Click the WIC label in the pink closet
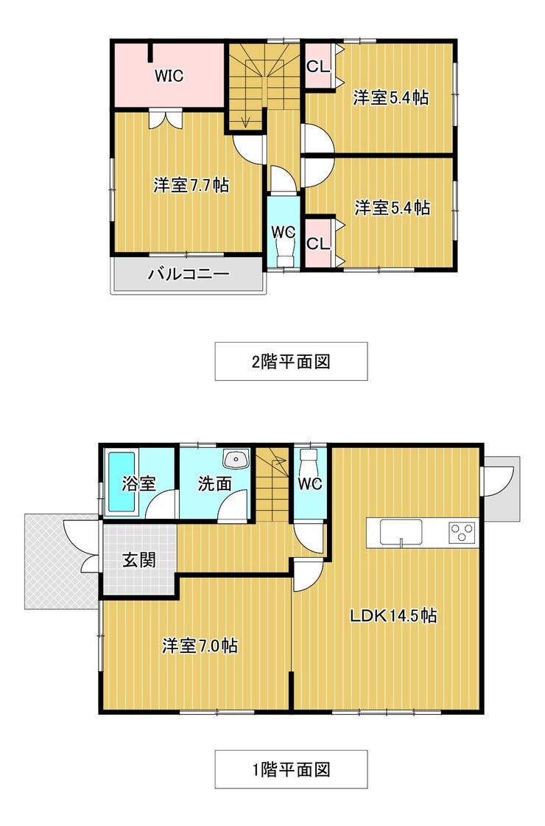pyautogui.click(x=169, y=76)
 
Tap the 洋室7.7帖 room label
pyautogui.click(x=191, y=186)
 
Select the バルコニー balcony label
pyautogui.click(x=188, y=274)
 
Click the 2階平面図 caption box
pyautogui.click(x=291, y=361)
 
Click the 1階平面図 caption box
pyautogui.click(x=291, y=769)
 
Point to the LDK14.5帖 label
pyautogui.click(x=393, y=615)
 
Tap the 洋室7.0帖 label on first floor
pyautogui.click(x=200, y=645)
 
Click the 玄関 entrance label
pyautogui.click(x=139, y=559)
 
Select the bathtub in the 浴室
pyautogui.click(x=122, y=482)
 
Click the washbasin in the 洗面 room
pyautogui.click(x=236, y=459)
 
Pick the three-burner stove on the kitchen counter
pyautogui.click(x=462, y=532)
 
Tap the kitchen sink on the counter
pyautogui.click(x=401, y=532)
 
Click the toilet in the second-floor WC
pyautogui.click(x=285, y=248)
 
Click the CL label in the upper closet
pyautogui.click(x=318, y=66)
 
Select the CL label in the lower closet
pyautogui.click(x=318, y=243)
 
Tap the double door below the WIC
pyautogui.click(x=166, y=119)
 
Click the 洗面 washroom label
pyautogui.click(x=215, y=483)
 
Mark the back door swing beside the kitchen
pyautogui.click(x=498, y=481)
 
